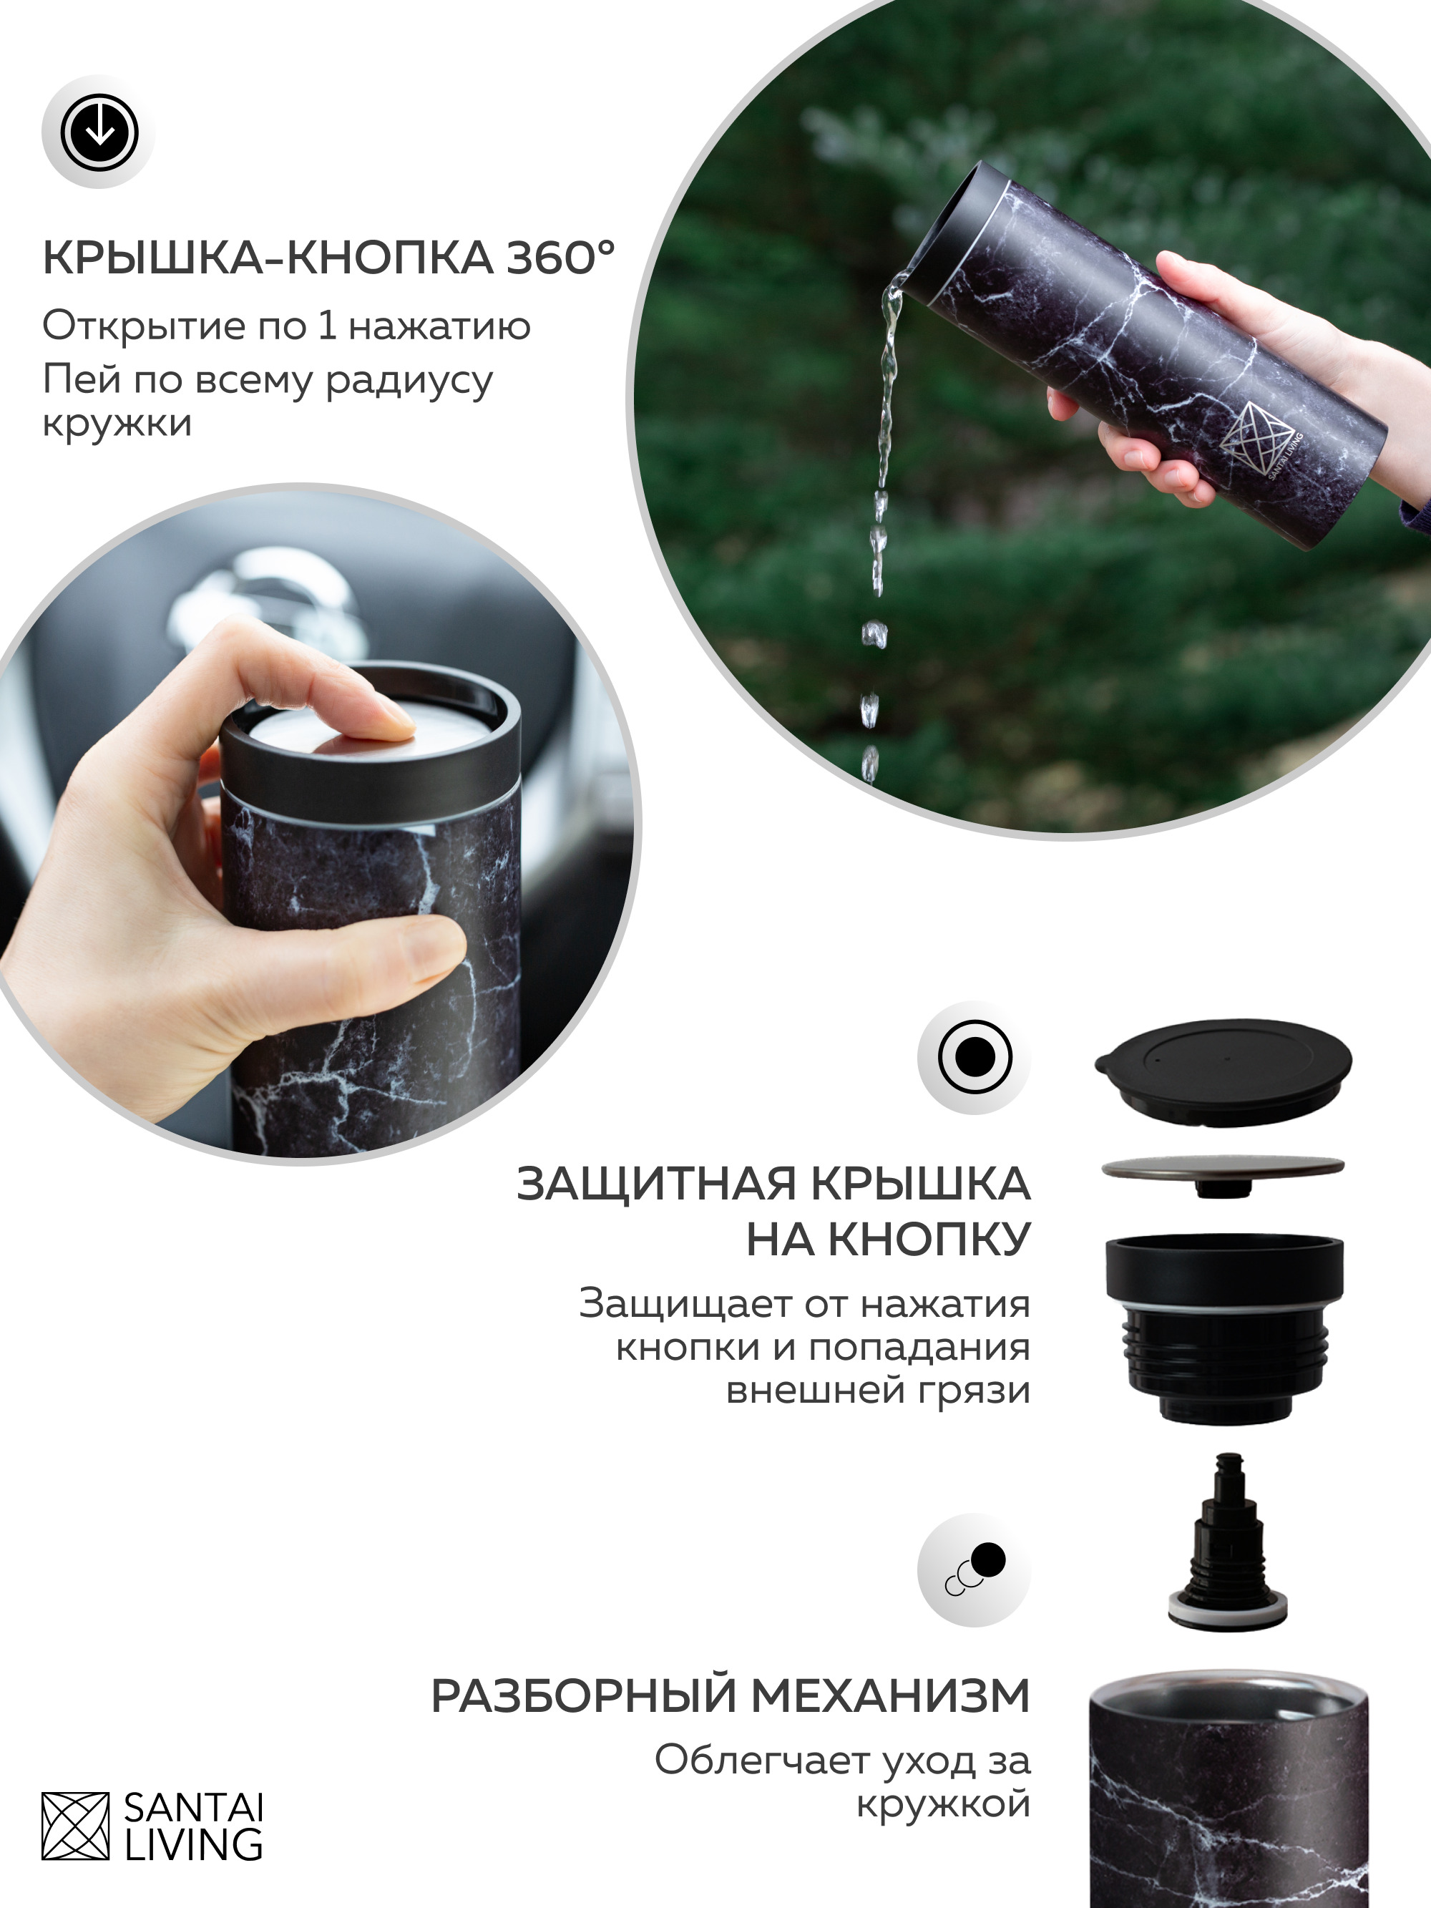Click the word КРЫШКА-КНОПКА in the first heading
click(268, 257)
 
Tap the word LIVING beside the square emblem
click(194, 1844)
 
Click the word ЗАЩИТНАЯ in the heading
click(655, 1184)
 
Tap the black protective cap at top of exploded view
click(1223, 1071)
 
